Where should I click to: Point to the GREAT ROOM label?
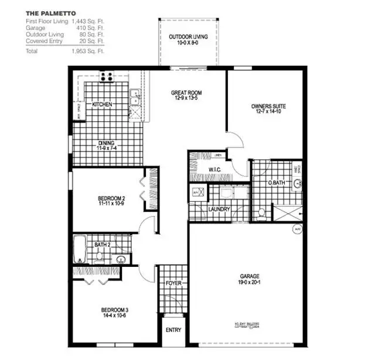point(187,93)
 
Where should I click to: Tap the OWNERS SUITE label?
point(269,107)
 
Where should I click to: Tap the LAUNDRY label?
point(219,209)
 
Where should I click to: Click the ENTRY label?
point(173,330)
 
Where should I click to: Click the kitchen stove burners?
point(106,77)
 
